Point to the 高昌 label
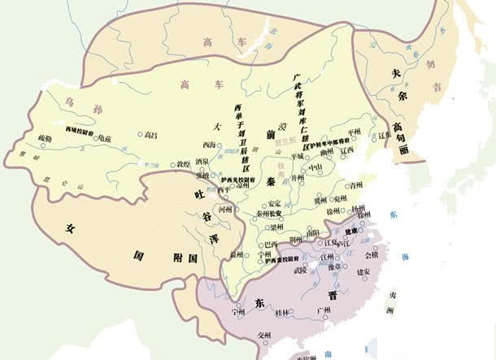pyautogui.click(x=150, y=134)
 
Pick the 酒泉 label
pyautogui.click(x=202, y=162)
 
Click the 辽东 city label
pyautogui.click(x=385, y=136)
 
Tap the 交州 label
pyautogui.click(x=263, y=335)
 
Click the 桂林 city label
pyautogui.click(x=282, y=313)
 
